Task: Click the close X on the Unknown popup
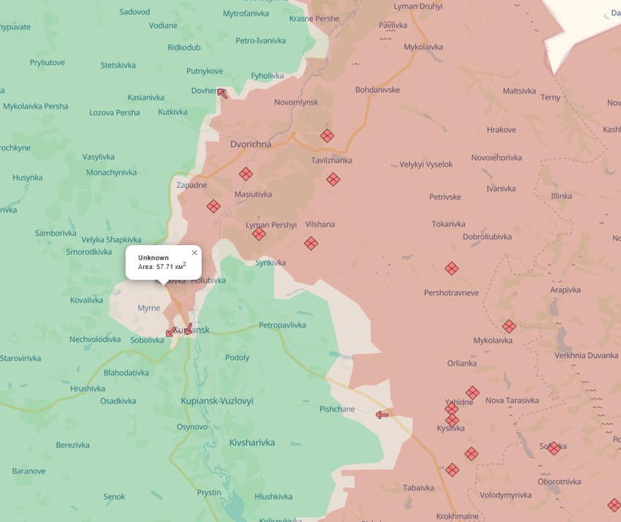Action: click(194, 253)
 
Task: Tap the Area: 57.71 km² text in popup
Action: click(161, 267)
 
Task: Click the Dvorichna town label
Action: click(251, 144)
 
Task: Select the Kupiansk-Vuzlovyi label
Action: click(217, 401)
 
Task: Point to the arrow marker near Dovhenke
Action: click(222, 93)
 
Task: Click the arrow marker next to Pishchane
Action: click(382, 415)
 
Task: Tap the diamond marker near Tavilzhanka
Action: click(333, 179)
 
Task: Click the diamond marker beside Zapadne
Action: click(213, 206)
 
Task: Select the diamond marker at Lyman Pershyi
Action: click(259, 234)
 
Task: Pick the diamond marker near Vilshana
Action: click(311, 243)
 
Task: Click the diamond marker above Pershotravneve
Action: click(452, 268)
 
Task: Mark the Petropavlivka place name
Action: click(282, 325)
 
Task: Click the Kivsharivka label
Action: click(252, 442)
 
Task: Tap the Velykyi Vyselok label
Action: click(426, 164)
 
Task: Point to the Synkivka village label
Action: click(270, 262)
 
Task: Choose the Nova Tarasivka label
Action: click(511, 400)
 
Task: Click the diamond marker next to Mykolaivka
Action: click(508, 326)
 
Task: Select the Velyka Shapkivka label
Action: click(111, 239)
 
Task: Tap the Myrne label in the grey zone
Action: click(148, 308)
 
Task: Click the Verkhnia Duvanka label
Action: click(586, 355)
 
